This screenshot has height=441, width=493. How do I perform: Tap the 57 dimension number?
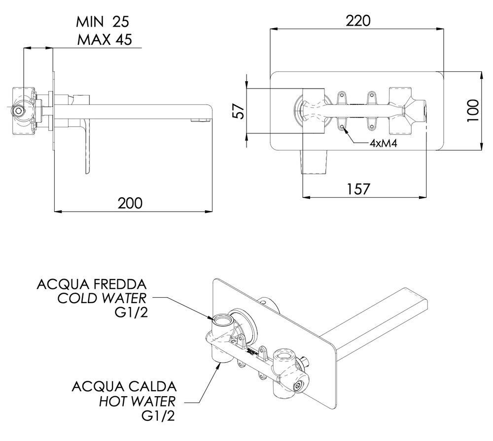point(238,111)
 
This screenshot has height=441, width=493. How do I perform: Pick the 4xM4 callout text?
point(383,144)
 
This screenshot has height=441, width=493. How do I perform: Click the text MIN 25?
point(104,22)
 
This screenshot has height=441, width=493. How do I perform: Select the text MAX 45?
point(104,40)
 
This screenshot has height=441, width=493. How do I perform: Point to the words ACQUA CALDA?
point(124,385)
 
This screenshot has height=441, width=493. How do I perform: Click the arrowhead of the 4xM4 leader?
point(343,127)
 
